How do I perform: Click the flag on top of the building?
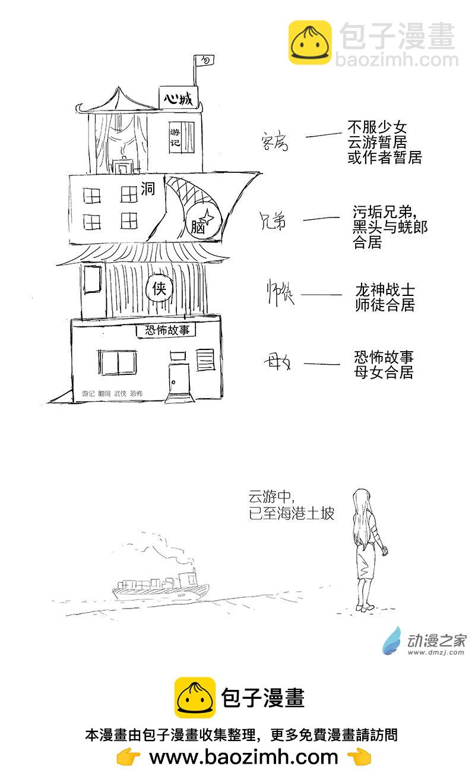pos(203,60)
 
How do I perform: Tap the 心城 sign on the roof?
pos(179,98)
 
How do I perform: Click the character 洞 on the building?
pos(148,190)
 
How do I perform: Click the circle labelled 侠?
pos(159,289)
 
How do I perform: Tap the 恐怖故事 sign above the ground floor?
pos(166,330)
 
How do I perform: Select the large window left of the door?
pos(117,362)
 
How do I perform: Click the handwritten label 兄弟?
pos(273,220)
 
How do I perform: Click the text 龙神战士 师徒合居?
pos(384,298)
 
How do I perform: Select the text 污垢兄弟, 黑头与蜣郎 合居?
pos(389,227)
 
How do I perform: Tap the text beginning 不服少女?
pos(385,143)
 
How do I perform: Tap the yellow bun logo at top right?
pos(310,42)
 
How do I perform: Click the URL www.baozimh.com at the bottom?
pos(243,757)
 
